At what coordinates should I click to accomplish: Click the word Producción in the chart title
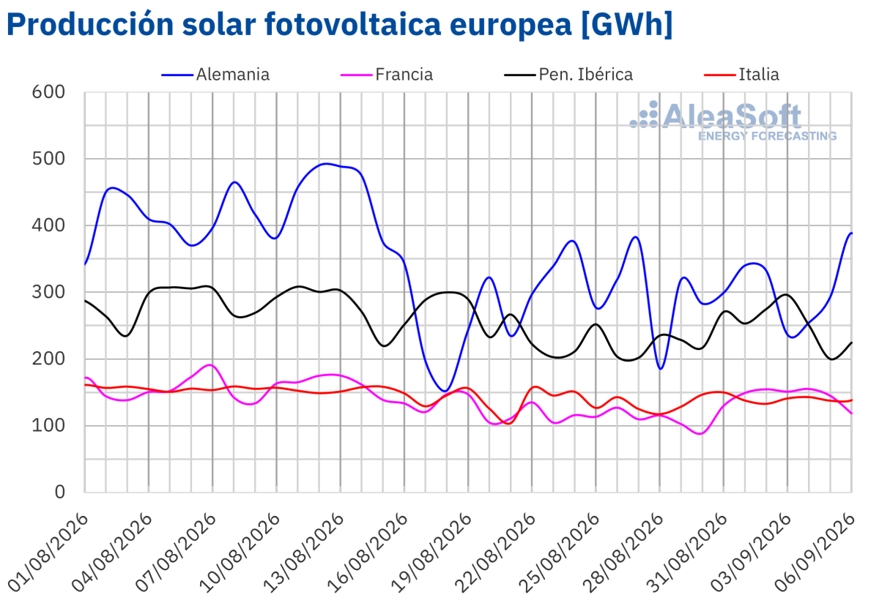pyautogui.click(x=90, y=25)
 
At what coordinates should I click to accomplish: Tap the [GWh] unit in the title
pyautogui.click(x=627, y=25)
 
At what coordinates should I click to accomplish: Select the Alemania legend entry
pyautogui.click(x=215, y=75)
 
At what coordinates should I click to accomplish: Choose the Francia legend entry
pyautogui.click(x=387, y=75)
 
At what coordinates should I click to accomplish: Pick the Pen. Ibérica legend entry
pyautogui.click(x=568, y=75)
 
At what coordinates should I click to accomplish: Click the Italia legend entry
pyautogui.click(x=741, y=75)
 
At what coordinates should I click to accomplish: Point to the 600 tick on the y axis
pyautogui.click(x=48, y=92)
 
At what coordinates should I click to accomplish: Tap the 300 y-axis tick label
pyautogui.click(x=48, y=292)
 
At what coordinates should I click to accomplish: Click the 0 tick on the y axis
pyautogui.click(x=59, y=492)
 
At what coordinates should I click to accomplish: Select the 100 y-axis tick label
pyautogui.click(x=48, y=425)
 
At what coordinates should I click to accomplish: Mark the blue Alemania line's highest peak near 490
pyautogui.click(x=326, y=164)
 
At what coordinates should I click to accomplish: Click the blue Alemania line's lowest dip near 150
pyautogui.click(x=445, y=391)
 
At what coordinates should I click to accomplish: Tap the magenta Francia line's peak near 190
pyautogui.click(x=211, y=365)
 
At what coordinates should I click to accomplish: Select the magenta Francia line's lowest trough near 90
pyautogui.click(x=701, y=434)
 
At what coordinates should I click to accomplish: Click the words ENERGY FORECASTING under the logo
pyautogui.click(x=767, y=136)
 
